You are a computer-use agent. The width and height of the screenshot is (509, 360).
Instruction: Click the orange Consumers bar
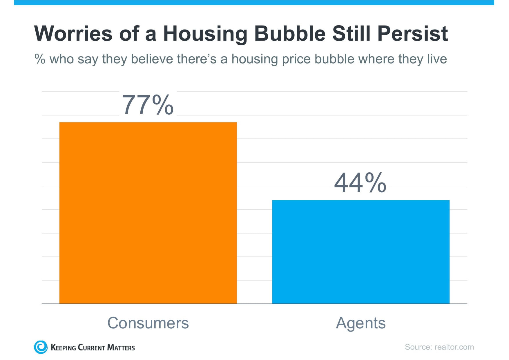click(148, 213)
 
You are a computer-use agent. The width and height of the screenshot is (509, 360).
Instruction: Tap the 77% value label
click(148, 105)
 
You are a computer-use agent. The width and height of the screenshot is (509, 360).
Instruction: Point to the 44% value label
click(360, 182)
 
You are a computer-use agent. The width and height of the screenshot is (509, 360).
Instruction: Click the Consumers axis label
click(148, 323)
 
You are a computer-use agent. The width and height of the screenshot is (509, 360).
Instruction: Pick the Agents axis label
click(361, 323)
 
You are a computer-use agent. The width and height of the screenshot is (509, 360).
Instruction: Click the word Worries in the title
click(73, 34)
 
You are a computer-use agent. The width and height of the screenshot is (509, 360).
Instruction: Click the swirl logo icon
click(41, 347)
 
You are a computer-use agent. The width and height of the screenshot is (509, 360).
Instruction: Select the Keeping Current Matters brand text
click(93, 348)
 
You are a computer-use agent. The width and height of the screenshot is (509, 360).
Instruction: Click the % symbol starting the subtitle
click(40, 59)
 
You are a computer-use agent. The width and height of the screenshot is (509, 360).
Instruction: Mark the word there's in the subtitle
click(197, 59)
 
